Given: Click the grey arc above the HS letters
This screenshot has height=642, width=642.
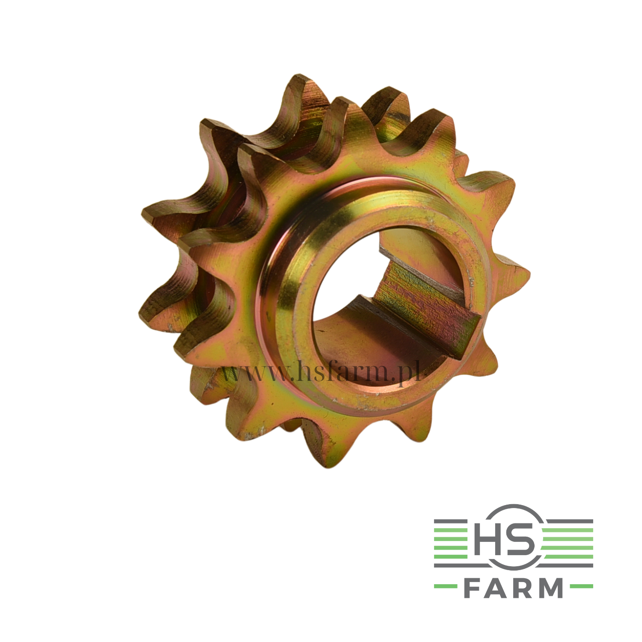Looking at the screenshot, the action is [x=514, y=507].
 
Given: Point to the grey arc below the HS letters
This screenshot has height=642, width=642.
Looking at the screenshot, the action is [x=514, y=567].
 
